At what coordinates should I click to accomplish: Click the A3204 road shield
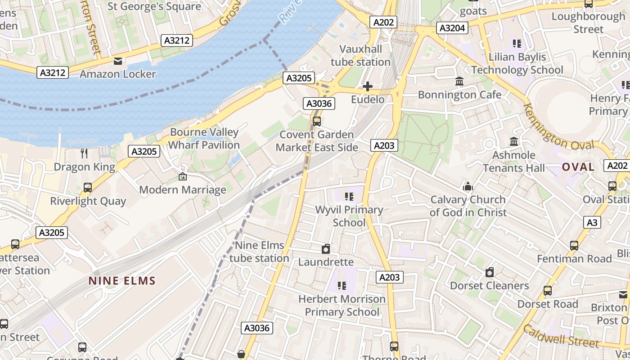(452, 28)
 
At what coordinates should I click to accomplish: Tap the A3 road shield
(593, 222)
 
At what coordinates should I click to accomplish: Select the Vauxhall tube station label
(360, 55)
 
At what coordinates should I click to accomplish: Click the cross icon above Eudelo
(368, 86)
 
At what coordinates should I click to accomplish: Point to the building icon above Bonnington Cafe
(459, 81)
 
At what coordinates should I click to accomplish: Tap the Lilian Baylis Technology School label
(517, 63)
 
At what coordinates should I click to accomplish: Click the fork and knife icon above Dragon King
(84, 153)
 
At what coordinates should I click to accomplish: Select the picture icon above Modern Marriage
(182, 177)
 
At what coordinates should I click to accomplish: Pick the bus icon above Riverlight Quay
(88, 188)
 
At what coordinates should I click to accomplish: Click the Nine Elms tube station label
(259, 252)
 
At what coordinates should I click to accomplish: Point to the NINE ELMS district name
(122, 281)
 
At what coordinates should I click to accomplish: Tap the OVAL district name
(578, 167)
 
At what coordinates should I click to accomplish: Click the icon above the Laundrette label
(326, 249)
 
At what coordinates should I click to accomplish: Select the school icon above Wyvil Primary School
(349, 196)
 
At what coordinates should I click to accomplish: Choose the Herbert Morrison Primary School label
(342, 305)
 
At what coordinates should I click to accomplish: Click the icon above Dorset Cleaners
(490, 272)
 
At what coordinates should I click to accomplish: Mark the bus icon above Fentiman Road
(574, 245)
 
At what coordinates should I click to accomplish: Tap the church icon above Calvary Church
(468, 186)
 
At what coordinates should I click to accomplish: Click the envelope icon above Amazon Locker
(118, 61)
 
